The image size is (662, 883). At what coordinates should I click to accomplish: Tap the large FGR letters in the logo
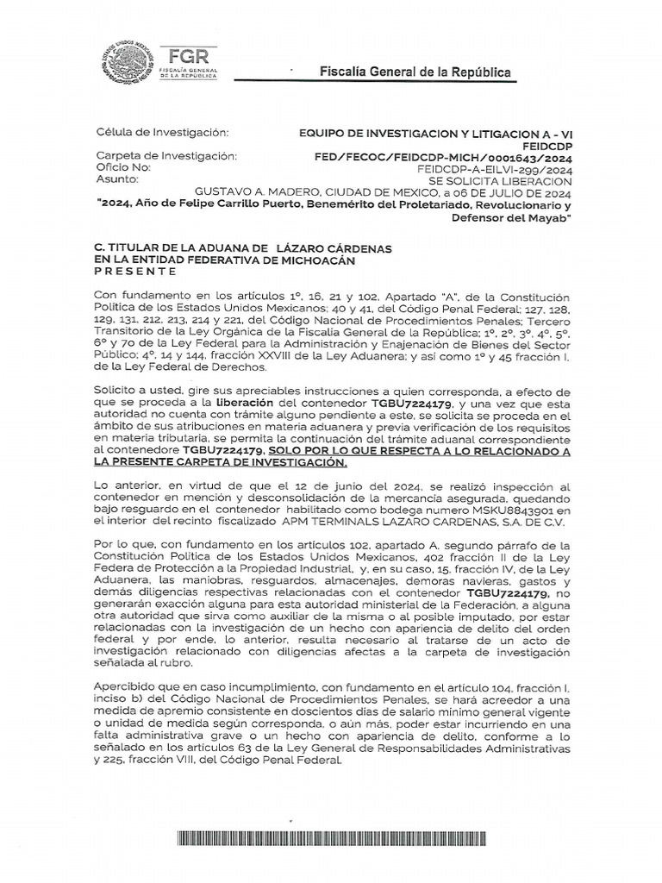189,53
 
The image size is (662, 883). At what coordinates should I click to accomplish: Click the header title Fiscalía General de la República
415,72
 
